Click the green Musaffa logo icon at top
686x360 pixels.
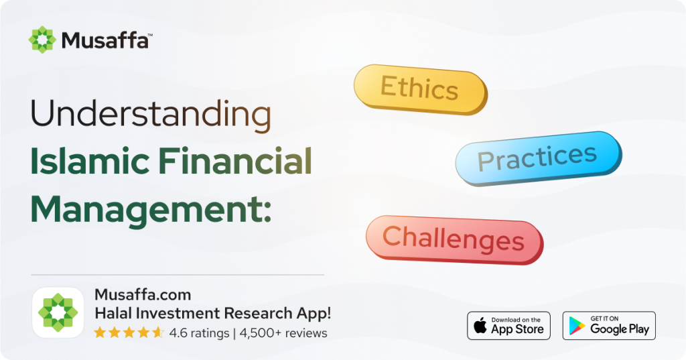point(42,40)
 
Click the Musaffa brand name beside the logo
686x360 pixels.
point(106,40)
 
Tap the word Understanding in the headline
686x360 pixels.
point(151,115)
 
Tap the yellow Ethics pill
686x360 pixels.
point(420,89)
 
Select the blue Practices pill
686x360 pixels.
point(538,158)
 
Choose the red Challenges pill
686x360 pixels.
point(454,239)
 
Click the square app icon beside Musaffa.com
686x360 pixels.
point(58,312)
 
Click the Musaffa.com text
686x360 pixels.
point(143,294)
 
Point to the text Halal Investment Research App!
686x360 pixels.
point(213,313)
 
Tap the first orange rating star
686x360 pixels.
point(100,333)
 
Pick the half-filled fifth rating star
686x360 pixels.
point(158,333)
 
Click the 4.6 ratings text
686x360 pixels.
point(199,333)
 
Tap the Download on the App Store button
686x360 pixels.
point(508,326)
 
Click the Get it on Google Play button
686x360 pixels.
point(608,326)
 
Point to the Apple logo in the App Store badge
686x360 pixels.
point(480,326)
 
